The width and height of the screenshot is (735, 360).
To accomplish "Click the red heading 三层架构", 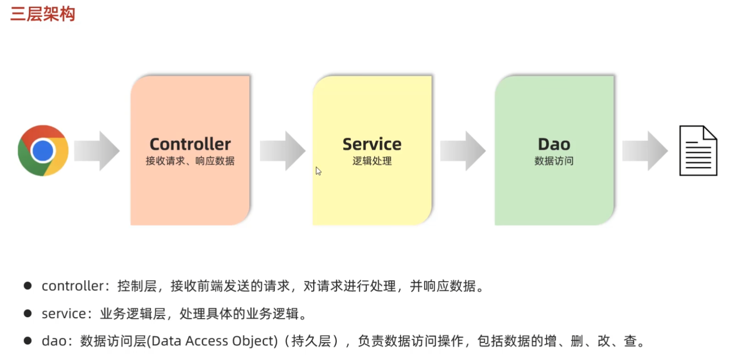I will [42, 14].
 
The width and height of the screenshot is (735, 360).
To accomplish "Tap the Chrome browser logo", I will [43, 150].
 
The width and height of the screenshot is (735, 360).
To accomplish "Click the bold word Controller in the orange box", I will [190, 144].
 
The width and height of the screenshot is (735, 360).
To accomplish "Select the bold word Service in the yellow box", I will [372, 144].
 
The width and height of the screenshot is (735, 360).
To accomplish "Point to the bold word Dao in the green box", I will [554, 144].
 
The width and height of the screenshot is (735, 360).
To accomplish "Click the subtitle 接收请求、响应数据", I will [190, 161].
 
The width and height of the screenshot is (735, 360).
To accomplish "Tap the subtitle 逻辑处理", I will [372, 161].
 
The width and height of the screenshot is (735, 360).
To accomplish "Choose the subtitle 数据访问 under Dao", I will [554, 161].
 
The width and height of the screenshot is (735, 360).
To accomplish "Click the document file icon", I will [698, 151].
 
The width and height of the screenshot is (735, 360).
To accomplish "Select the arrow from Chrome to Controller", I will [97, 151].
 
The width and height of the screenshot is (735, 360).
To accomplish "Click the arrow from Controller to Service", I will [282, 151].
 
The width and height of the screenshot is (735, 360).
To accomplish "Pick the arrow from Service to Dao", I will [463, 151].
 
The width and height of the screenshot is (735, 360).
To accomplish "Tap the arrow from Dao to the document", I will [645, 151].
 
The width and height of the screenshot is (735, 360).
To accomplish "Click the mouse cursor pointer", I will [318, 171].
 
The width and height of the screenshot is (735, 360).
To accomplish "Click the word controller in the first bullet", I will [73, 286].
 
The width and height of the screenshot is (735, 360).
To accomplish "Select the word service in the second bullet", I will [64, 314].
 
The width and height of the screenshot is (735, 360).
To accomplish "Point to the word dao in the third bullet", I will [54, 341].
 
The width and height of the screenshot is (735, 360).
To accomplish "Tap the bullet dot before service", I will [28, 313].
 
